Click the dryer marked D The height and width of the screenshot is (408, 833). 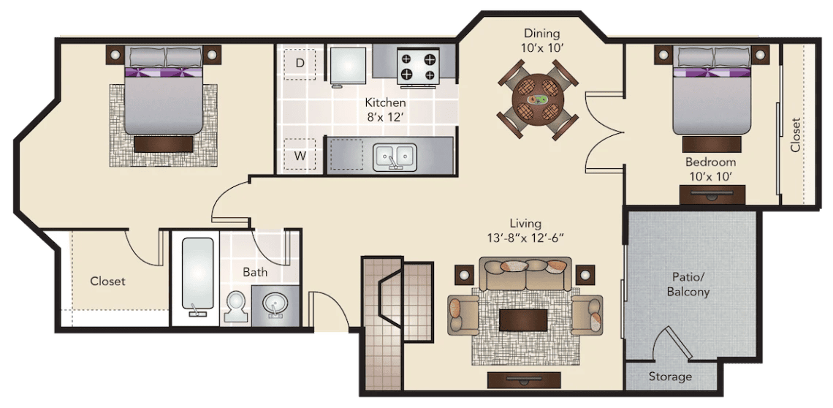tap(300, 64)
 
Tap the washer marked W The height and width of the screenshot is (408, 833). tap(300, 155)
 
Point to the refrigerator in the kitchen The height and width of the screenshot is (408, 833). tap(349, 66)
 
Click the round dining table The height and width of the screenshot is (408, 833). tap(538, 99)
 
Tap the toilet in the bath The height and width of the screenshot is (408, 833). tap(235, 308)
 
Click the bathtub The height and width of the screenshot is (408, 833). tap(197, 276)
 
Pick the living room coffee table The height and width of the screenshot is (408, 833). tap(523, 320)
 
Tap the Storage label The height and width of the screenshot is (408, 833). tap(671, 377)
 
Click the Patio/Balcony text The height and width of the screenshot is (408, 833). tap(688, 284)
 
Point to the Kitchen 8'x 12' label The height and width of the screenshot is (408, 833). tap(386, 109)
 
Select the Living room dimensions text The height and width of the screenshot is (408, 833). tap(525, 237)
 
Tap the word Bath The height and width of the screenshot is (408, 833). tap(256, 272)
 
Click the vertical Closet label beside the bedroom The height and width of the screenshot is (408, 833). tap(795, 135)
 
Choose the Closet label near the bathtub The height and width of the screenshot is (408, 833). tap(108, 281)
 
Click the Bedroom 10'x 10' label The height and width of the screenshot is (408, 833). tap(710, 168)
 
